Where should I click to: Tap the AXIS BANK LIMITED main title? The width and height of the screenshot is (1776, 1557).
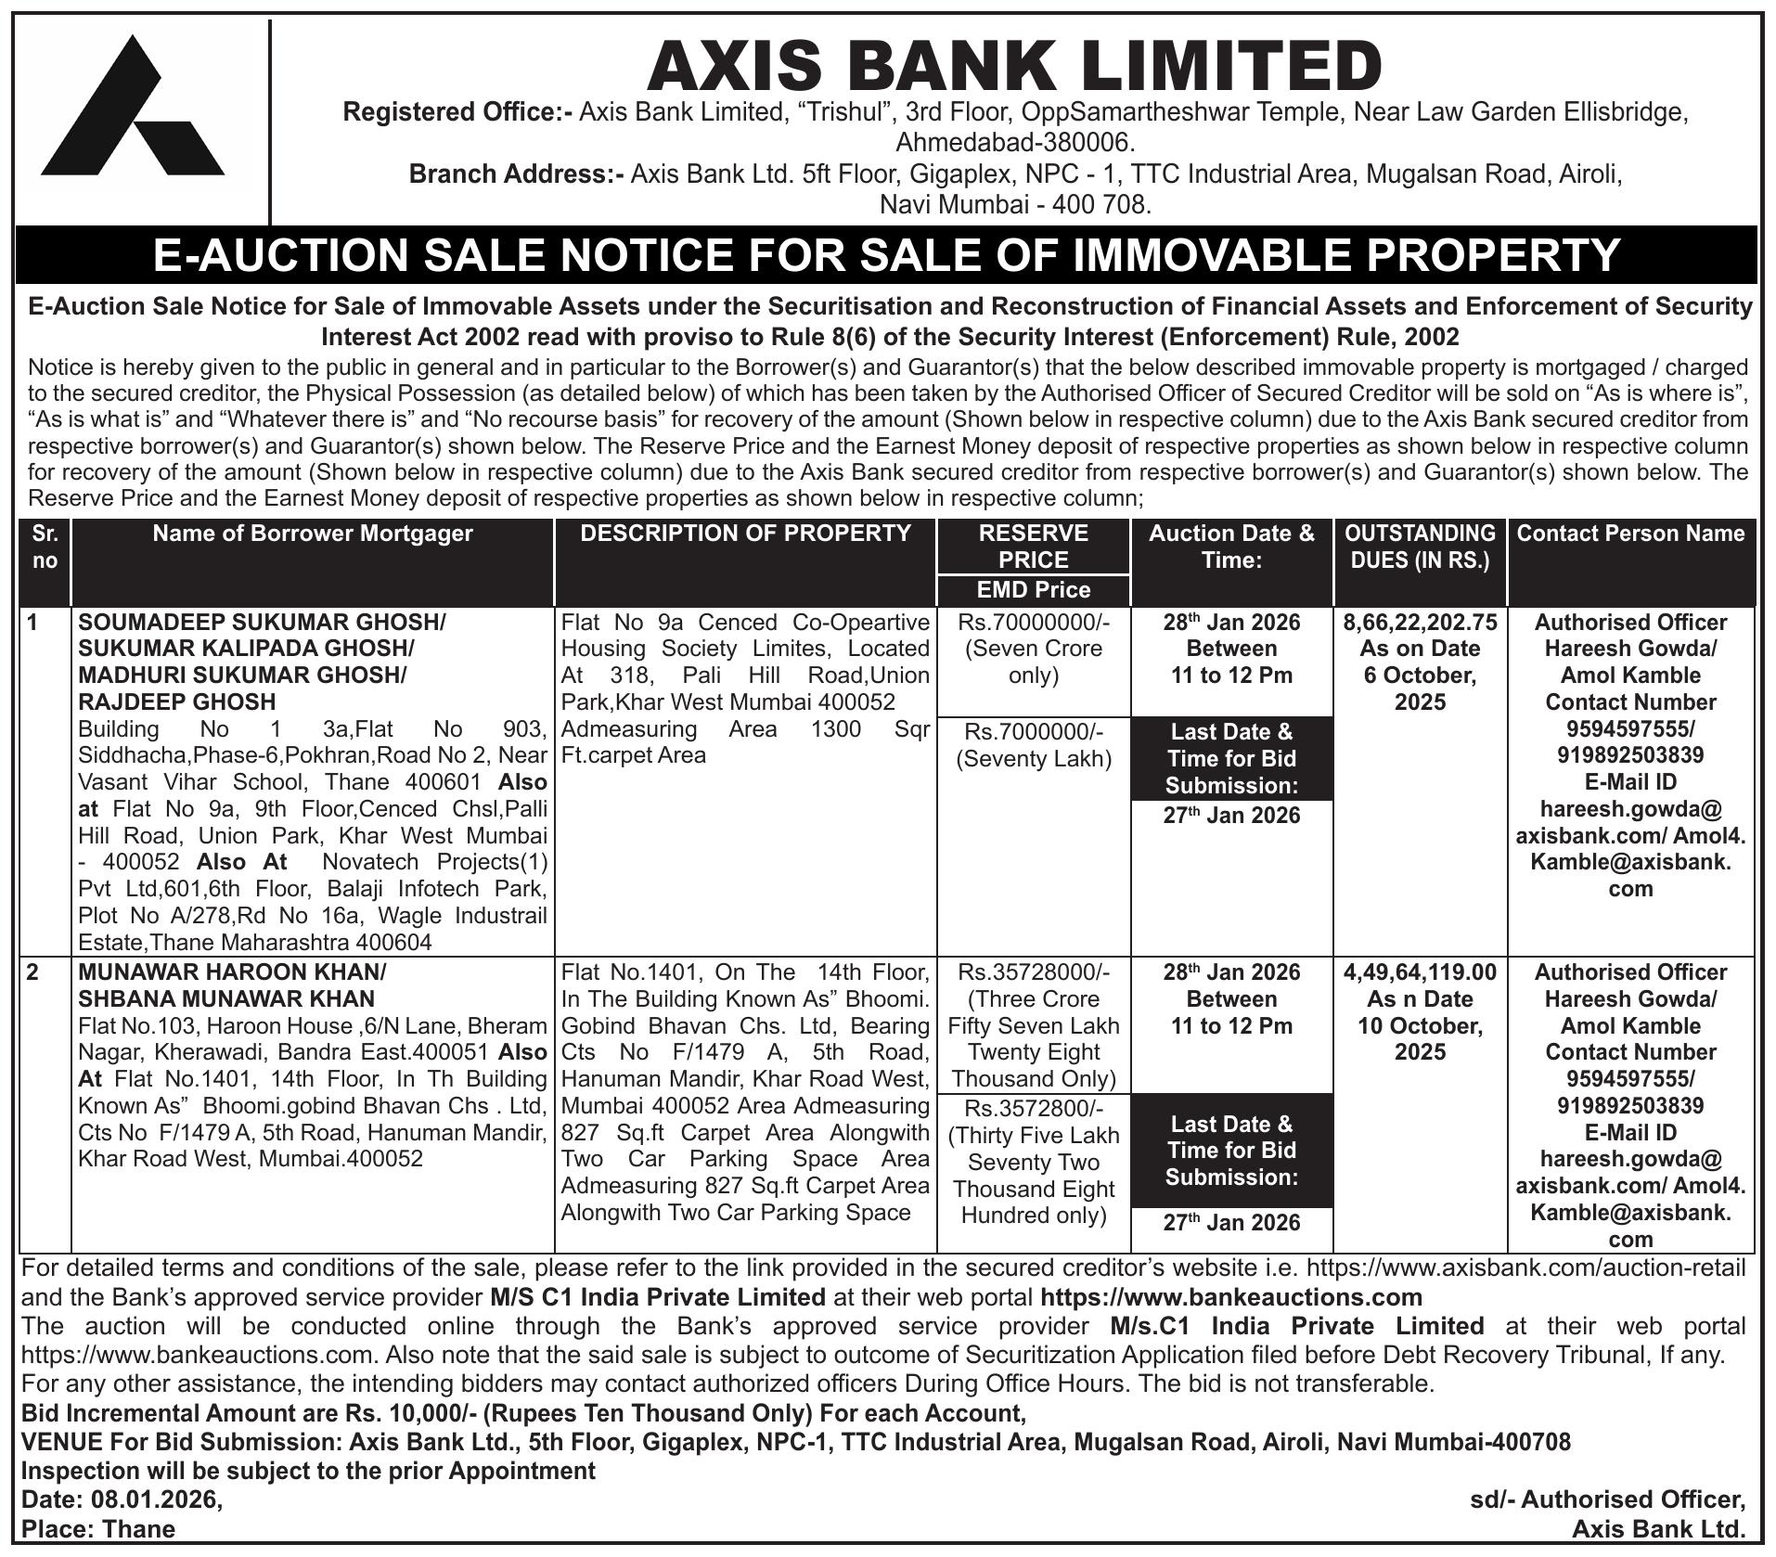[1013, 66]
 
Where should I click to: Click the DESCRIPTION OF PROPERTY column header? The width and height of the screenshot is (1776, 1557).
[745, 534]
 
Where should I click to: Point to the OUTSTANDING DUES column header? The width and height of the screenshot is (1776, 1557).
[1420, 547]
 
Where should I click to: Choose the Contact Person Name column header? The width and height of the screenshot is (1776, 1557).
[1630, 534]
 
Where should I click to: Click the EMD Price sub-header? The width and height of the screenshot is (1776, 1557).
[1033, 590]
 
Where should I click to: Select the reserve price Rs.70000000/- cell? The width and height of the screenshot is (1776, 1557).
[1033, 623]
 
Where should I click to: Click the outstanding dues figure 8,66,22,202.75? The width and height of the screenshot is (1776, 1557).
[1420, 623]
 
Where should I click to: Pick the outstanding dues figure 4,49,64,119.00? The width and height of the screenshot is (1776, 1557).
[1420, 972]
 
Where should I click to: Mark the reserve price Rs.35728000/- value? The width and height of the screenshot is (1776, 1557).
[1033, 972]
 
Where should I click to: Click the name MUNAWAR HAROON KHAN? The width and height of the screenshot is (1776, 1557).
[232, 972]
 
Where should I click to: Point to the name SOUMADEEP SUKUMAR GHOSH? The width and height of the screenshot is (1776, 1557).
[262, 623]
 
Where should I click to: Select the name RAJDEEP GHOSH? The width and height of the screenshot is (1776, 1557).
[177, 701]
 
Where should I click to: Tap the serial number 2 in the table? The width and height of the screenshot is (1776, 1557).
[33, 972]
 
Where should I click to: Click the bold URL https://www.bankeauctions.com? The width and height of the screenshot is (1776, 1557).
[1230, 1296]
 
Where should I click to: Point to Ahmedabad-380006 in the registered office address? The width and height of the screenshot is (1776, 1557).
[1014, 143]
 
